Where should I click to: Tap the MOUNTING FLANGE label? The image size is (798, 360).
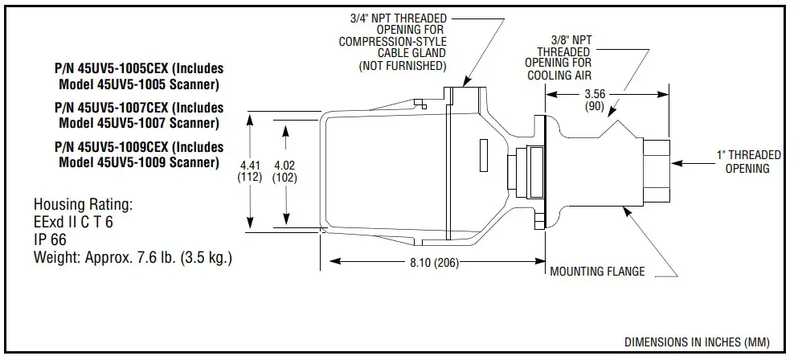click(x=597, y=272)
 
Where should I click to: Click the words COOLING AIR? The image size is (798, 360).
click(x=559, y=76)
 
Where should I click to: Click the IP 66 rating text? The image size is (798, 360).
click(x=50, y=239)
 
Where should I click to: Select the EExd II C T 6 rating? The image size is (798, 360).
click(x=73, y=222)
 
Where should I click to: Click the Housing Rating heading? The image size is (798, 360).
click(x=83, y=204)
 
